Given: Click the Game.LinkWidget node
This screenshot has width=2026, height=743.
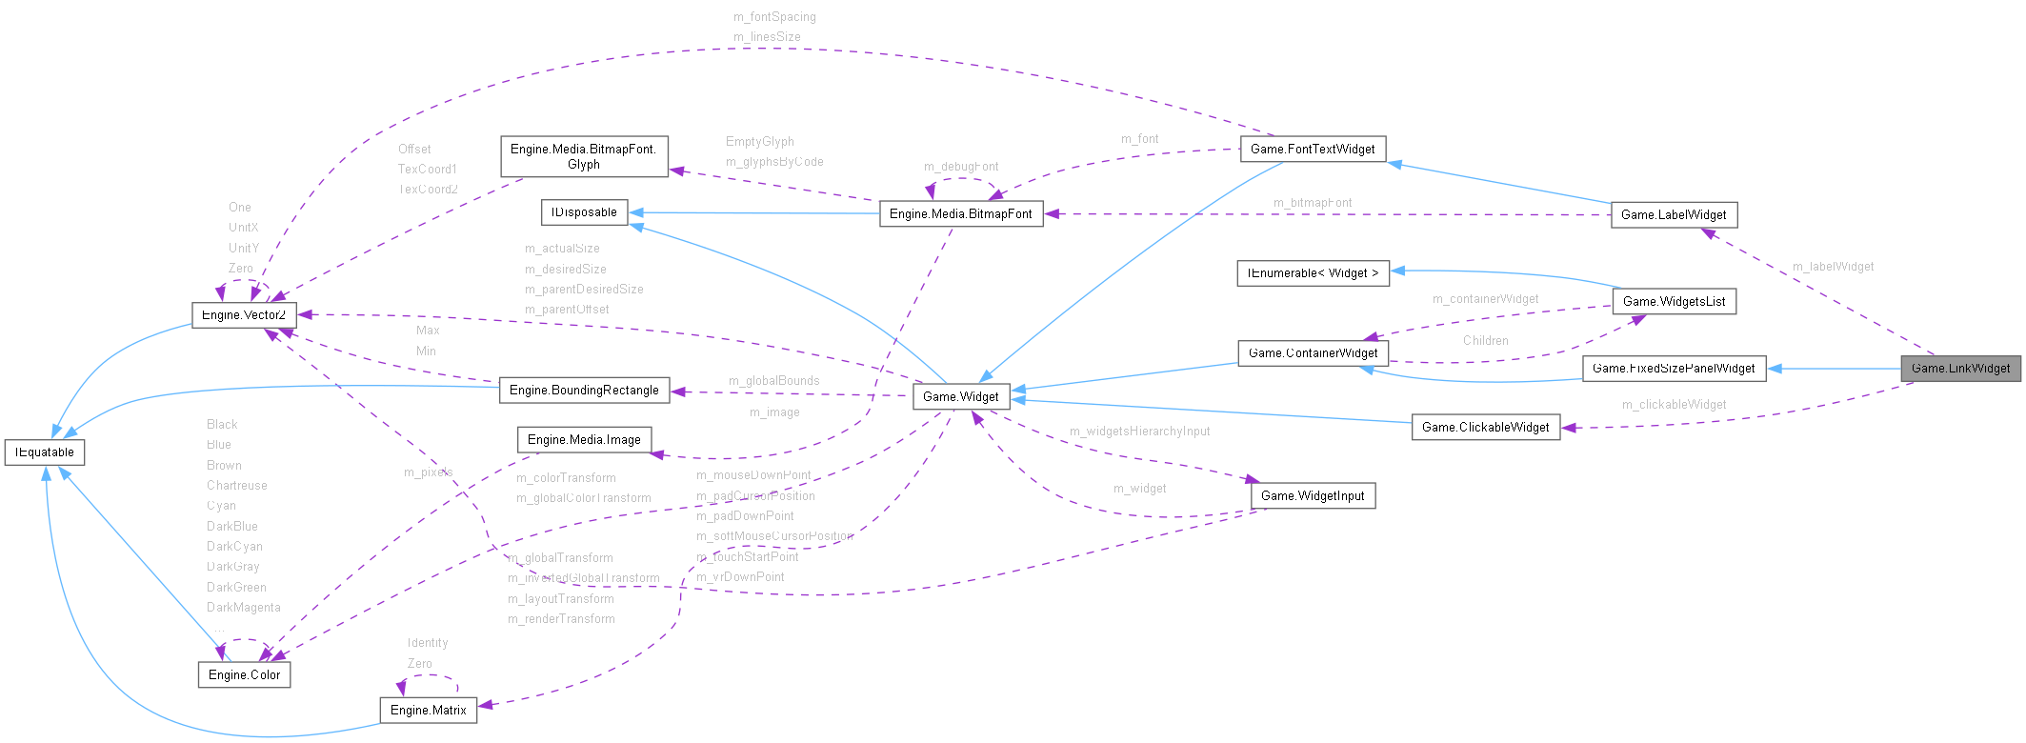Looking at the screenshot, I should tap(1960, 369).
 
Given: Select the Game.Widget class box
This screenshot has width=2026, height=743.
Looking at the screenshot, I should tap(960, 396).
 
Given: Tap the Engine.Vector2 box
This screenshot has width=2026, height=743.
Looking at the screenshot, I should tap(244, 314).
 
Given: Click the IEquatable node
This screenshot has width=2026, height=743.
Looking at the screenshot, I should tap(45, 452).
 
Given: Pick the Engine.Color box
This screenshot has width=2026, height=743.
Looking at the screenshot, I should tap(244, 674).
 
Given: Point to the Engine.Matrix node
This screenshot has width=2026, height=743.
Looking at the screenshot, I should tap(428, 710).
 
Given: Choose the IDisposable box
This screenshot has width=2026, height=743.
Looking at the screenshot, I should tap(584, 212).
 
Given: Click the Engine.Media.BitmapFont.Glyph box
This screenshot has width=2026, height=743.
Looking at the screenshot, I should tap(583, 156).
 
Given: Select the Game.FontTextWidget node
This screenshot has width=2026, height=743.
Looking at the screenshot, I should tap(1312, 149).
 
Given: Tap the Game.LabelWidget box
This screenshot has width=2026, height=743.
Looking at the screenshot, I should tap(1673, 214).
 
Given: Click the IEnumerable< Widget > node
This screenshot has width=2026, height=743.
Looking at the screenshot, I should tap(1312, 272).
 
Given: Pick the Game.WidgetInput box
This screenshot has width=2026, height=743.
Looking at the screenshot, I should tap(1312, 495).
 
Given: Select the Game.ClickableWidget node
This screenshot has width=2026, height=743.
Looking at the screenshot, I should tap(1485, 427).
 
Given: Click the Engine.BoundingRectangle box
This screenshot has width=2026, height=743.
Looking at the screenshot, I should tap(583, 390).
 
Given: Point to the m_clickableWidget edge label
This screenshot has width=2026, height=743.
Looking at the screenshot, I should tap(1674, 405).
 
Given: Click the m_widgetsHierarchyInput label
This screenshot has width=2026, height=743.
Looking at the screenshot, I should tap(1139, 432).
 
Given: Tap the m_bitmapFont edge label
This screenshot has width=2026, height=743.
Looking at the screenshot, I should tap(1312, 203).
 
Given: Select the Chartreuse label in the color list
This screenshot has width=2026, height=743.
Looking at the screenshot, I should tap(236, 486).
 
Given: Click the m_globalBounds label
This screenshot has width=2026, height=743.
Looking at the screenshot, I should tap(773, 381).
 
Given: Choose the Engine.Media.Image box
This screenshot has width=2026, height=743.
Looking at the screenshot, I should tap(583, 439).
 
